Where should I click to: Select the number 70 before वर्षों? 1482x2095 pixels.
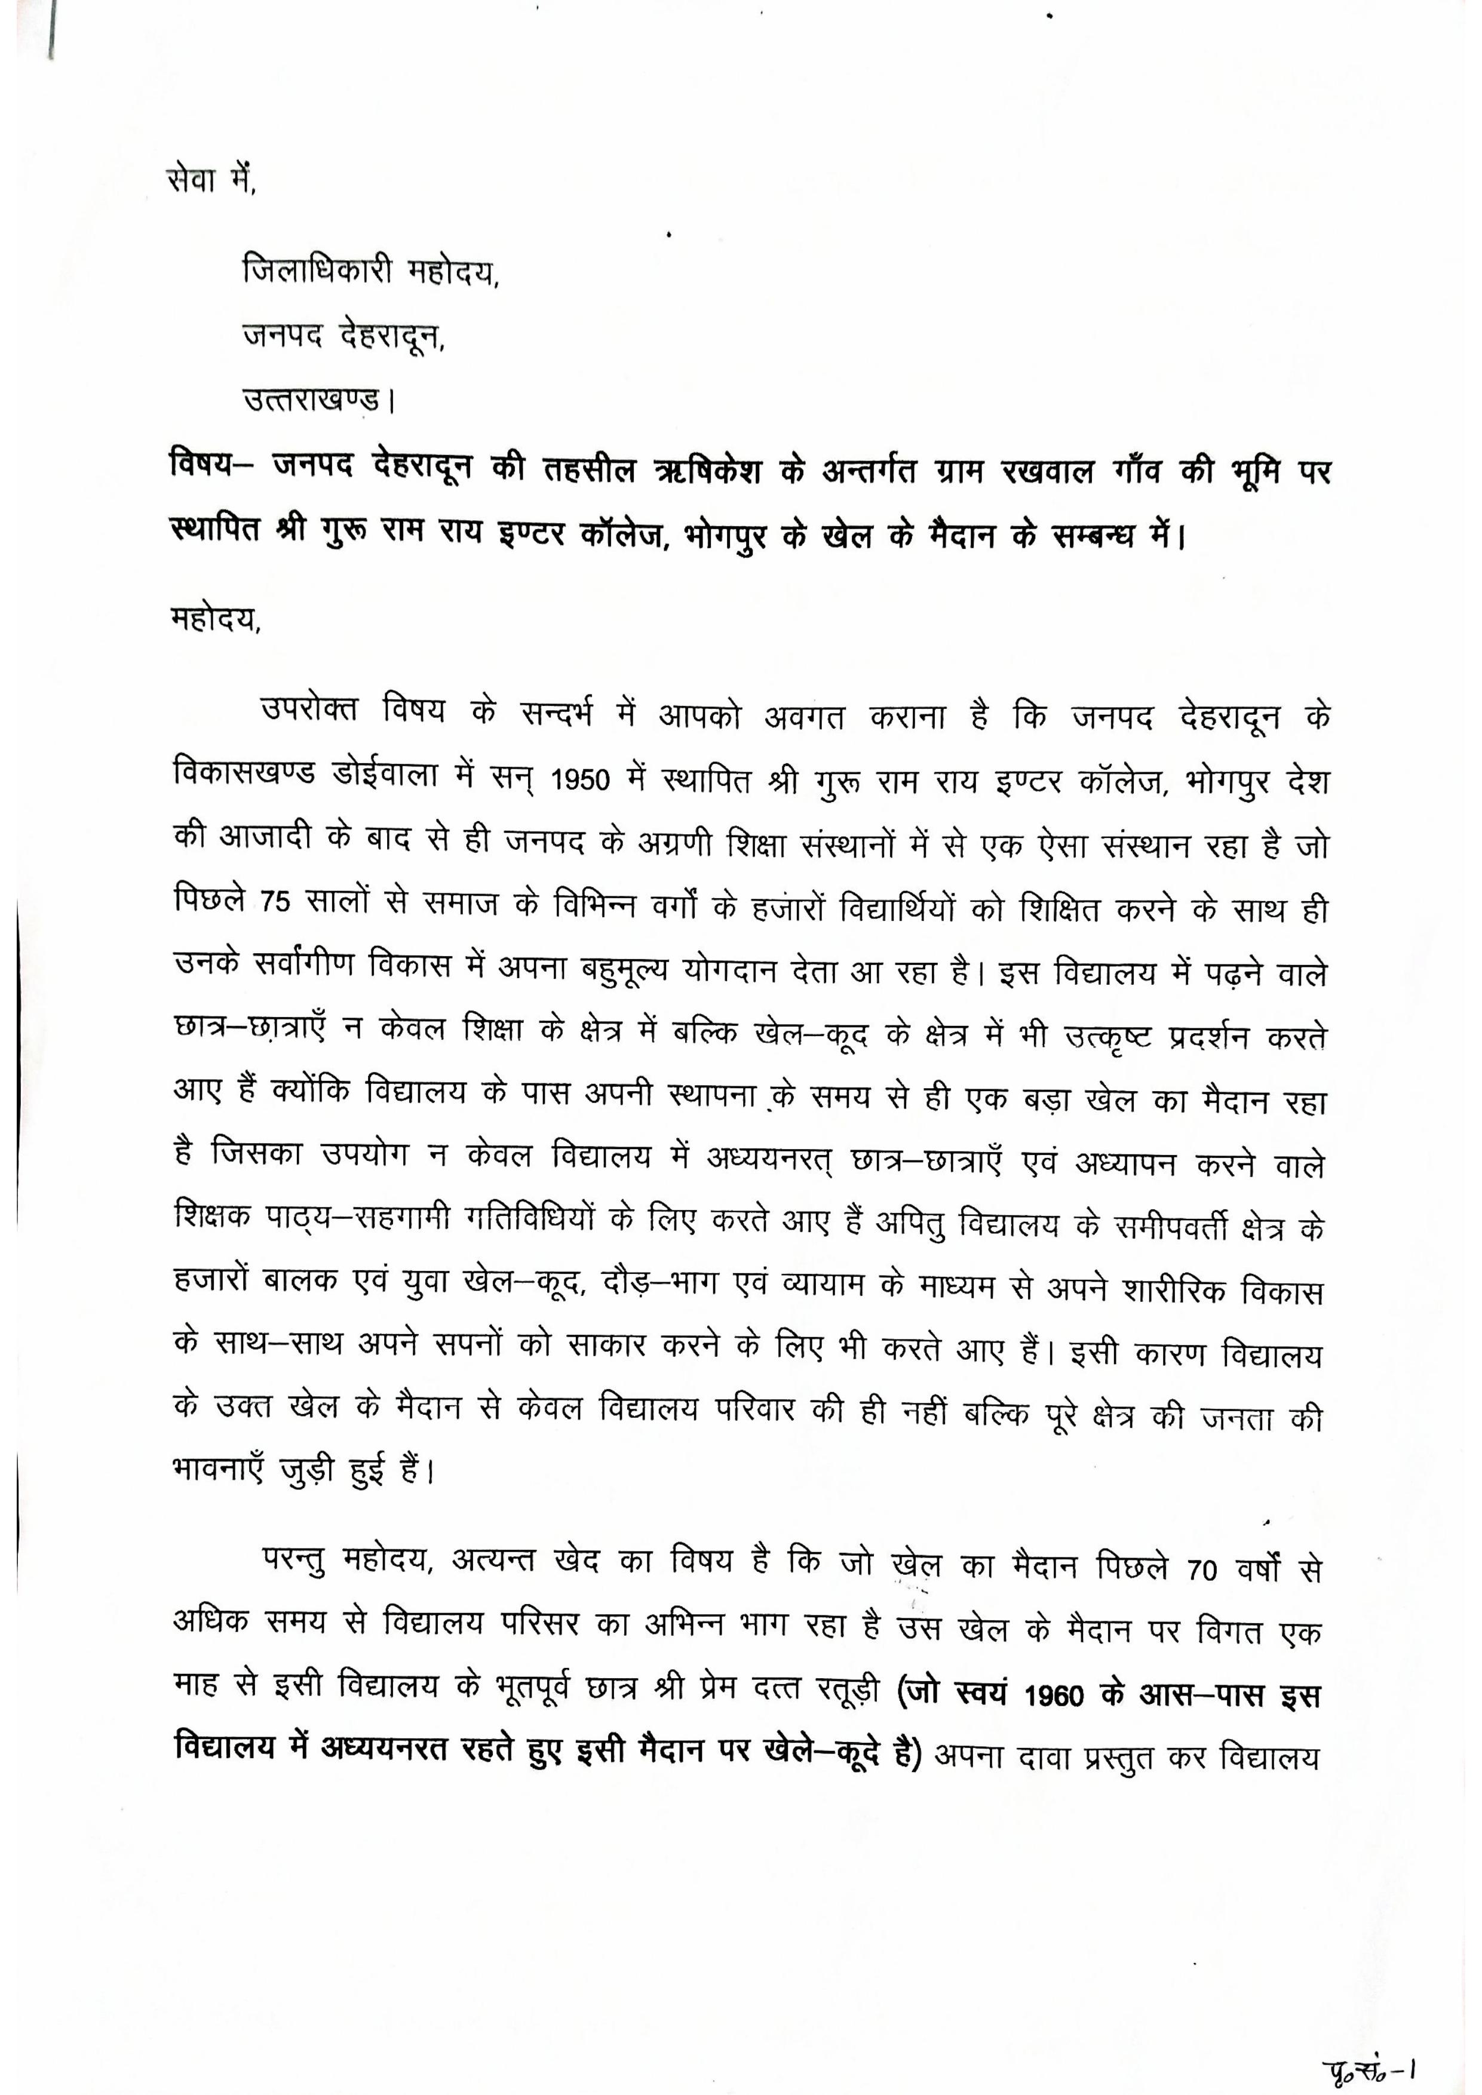click(1202, 1571)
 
